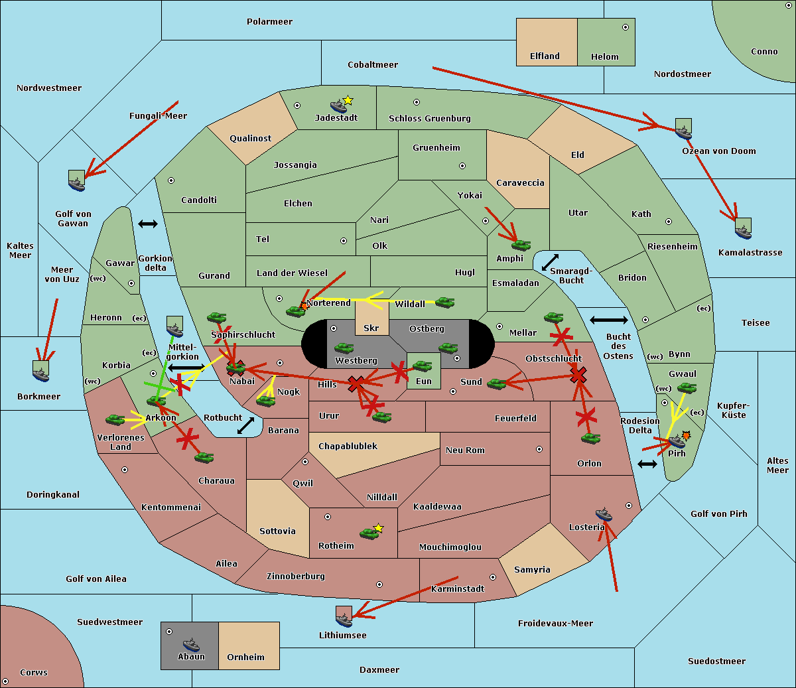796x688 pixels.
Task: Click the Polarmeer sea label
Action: point(269,22)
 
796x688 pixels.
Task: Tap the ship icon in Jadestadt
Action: point(338,105)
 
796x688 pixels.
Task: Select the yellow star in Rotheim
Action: point(379,528)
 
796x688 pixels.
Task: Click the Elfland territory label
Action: point(545,56)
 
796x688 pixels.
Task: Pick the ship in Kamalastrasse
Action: point(743,230)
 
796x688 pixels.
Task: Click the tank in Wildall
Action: point(444,303)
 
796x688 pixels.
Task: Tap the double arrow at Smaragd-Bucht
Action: point(551,262)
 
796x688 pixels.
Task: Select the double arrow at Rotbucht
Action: point(245,425)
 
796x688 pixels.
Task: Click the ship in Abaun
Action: point(191,644)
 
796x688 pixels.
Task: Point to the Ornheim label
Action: point(245,657)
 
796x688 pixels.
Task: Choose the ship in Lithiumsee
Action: point(344,618)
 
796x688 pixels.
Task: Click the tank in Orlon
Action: point(590,439)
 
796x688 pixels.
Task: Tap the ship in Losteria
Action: point(604,514)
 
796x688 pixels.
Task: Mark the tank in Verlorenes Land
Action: point(115,420)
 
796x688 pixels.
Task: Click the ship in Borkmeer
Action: point(41,372)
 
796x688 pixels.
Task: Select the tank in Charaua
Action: point(204,457)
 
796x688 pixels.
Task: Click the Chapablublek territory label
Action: point(348,447)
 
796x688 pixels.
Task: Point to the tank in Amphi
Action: point(521,245)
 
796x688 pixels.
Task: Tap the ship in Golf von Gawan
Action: point(77,182)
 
